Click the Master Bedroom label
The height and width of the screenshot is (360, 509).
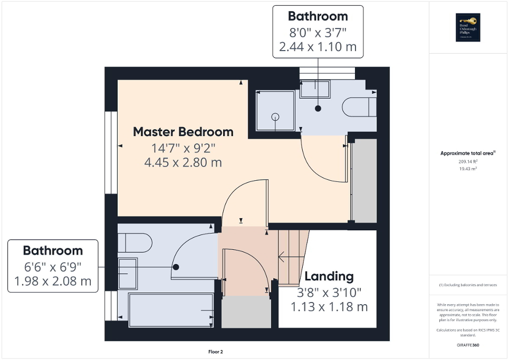pos(183,131)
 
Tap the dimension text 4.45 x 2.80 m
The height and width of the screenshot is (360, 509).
pos(183,162)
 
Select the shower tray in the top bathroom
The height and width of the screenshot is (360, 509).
pos(275,111)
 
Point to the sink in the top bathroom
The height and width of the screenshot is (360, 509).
pos(315,89)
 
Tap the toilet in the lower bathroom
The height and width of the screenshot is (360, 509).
pos(134,243)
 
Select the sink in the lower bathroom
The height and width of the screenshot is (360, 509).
pos(127,273)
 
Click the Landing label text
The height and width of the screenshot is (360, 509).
pos(329,276)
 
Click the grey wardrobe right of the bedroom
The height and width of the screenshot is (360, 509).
pos(364,181)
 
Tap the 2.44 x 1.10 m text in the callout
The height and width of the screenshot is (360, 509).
pos(318,46)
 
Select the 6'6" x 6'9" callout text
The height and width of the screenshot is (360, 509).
pos(52,266)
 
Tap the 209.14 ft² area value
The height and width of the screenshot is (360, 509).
pos(468,161)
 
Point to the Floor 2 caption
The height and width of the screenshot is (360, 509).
pos(216,352)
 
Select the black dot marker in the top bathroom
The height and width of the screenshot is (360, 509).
pos(318,109)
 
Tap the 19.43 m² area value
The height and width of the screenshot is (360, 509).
pos(468,169)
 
